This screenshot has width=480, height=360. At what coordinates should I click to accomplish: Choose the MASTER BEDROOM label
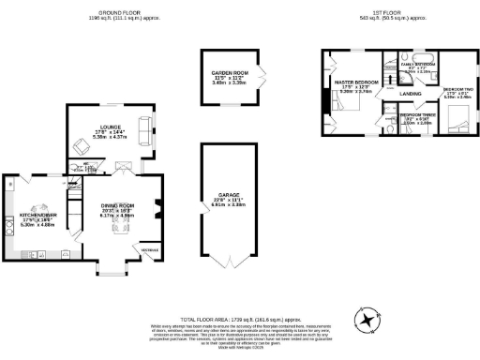357,82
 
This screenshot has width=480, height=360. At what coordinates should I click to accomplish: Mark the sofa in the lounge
143,130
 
